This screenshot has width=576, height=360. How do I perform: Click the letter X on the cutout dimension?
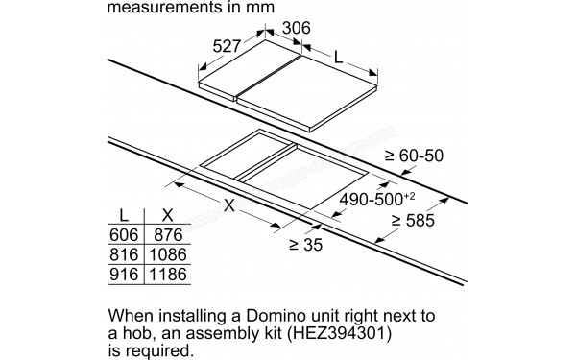tap(228, 204)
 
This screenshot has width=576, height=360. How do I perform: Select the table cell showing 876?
tap(165, 235)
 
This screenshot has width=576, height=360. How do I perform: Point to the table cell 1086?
tap(165, 254)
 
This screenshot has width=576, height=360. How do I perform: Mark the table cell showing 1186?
tap(165, 275)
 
